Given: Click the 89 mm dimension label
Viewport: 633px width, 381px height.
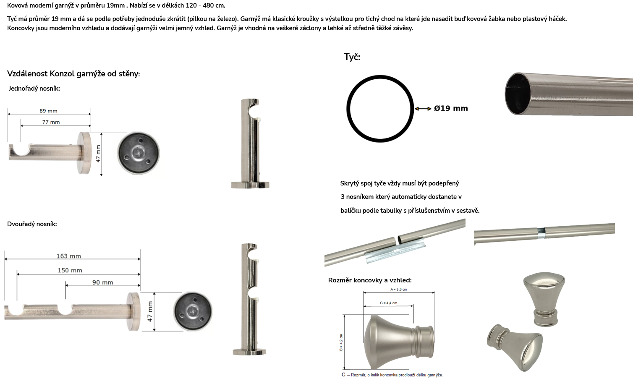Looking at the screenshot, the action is click(48, 111).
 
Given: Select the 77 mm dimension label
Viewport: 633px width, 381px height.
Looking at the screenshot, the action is click(51, 122).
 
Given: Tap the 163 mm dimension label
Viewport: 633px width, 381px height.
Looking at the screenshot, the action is click(69, 256).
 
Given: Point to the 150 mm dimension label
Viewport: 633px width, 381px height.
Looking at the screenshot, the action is click(70, 270).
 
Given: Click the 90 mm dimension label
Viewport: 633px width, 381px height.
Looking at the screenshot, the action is click(102, 282).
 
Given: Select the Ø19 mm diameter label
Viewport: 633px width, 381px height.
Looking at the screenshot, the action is click(451, 108).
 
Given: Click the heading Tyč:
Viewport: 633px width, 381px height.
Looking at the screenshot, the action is click(352, 57).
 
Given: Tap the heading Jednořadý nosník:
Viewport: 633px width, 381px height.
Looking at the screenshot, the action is click(34, 89).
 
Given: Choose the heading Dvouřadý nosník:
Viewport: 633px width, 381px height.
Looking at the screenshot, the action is click(32, 224).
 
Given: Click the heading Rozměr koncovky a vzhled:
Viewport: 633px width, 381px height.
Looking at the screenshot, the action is click(370, 280).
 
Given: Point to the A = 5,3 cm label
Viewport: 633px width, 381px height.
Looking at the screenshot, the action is click(399, 289).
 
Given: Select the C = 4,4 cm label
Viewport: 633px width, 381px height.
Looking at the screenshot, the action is click(389, 303).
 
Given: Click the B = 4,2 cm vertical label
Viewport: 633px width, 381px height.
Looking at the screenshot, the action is click(341, 342).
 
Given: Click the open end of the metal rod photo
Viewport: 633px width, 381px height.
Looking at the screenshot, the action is click(518, 93).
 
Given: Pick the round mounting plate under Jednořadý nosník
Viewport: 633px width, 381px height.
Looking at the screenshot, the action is click(139, 153).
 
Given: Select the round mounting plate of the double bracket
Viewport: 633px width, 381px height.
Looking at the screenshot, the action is click(193, 311).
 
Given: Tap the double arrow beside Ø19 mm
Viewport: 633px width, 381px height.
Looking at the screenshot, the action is click(423, 109).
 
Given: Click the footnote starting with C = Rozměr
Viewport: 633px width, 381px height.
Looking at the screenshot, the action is click(392, 375).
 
